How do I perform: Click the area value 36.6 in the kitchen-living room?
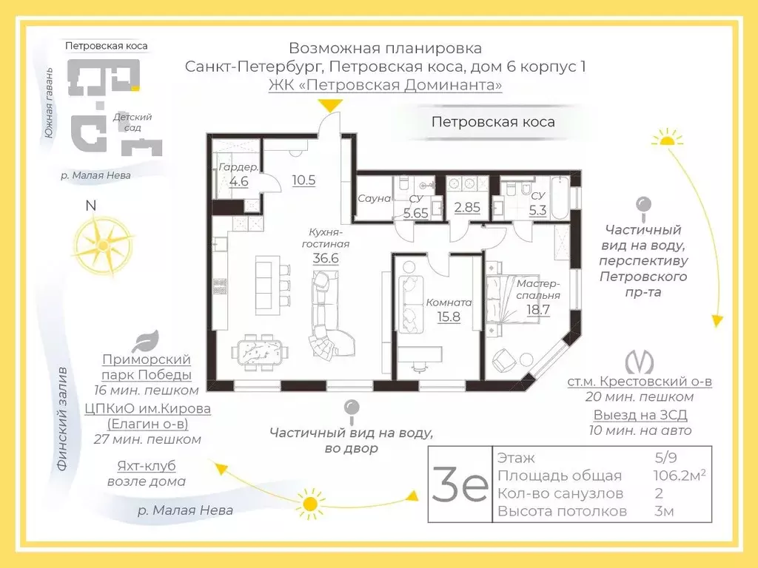coord(326,258)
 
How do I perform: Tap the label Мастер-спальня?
coord(538,289)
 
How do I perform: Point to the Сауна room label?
coord(374,198)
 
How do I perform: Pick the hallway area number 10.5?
coord(304,180)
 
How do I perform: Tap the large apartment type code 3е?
coord(460,484)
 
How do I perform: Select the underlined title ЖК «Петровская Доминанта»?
coord(385,85)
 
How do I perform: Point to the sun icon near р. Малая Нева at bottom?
coord(309,505)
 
